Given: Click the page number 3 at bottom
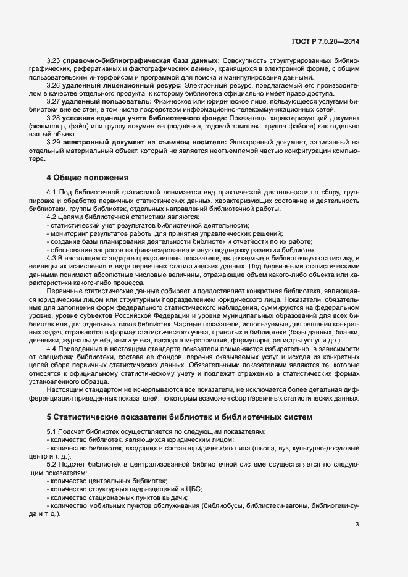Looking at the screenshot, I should pyautogui.click(x=357, y=525).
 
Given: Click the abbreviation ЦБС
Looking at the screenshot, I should pyautogui.click(x=193, y=488).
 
